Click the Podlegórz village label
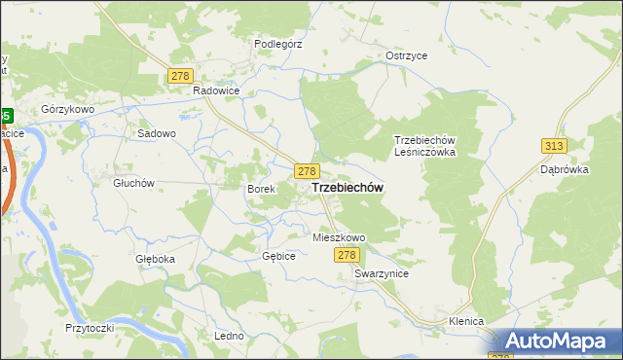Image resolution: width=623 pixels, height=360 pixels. point(279,44)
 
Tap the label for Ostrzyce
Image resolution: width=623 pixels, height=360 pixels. point(406,55)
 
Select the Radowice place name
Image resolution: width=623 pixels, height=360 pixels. point(216,90)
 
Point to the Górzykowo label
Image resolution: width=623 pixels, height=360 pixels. point(68,110)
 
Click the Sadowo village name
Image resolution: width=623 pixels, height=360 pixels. point(157,133)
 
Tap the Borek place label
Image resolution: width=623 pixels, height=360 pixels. point(261,189)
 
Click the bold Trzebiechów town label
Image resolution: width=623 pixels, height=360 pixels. point(346,188)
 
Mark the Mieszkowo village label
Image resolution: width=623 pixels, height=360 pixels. point(338,237)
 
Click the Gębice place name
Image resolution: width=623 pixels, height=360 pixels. point(277,255)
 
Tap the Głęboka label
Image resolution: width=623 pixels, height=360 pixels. point(155,259)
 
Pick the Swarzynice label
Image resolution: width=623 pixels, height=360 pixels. point(382,274)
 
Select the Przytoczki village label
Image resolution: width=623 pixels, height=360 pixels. point(90,328)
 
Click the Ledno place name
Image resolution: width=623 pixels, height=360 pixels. point(228,336)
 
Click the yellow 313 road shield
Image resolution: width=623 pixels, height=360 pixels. point(553,145)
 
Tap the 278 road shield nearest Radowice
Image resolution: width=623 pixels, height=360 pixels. point(179,76)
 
